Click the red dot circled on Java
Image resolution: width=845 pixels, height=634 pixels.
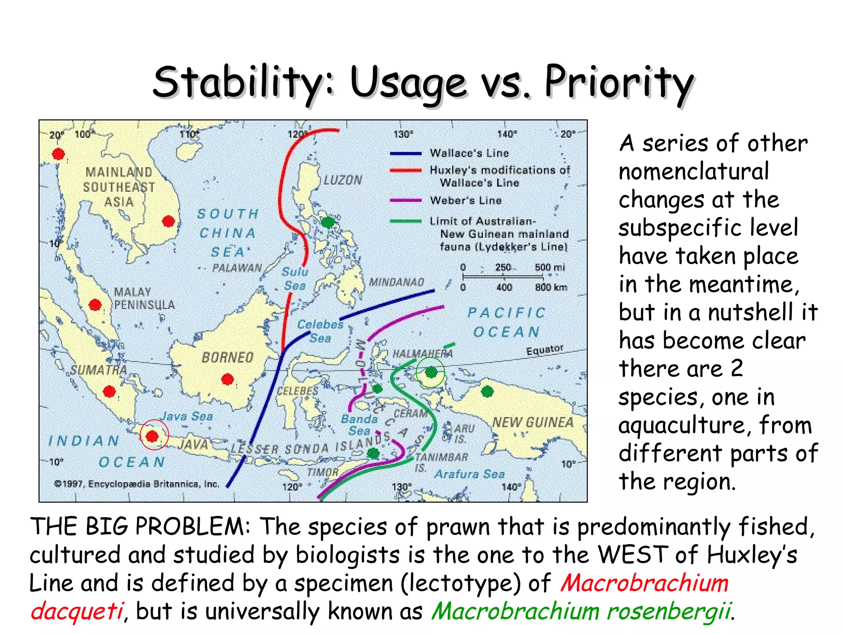point(152,435)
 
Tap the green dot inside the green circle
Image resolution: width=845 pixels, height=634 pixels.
point(431,372)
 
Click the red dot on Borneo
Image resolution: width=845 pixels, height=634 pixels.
point(227,379)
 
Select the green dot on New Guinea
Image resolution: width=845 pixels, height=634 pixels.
point(487,391)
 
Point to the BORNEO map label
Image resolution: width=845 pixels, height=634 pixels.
point(227,357)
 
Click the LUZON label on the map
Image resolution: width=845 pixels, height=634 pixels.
point(342,180)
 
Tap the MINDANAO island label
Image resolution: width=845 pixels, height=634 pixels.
point(396,282)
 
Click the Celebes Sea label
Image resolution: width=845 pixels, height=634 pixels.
point(320,331)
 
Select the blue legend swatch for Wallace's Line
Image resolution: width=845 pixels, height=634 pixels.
point(406,154)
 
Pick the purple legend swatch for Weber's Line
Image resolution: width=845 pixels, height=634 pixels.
point(406,201)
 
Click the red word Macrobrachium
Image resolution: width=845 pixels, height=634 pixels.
point(644,583)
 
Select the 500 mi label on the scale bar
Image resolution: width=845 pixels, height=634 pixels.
point(550,267)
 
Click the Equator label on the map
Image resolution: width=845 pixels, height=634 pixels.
point(544,350)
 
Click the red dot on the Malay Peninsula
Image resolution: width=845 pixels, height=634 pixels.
point(95,305)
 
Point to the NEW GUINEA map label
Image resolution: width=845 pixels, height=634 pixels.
point(533,422)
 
